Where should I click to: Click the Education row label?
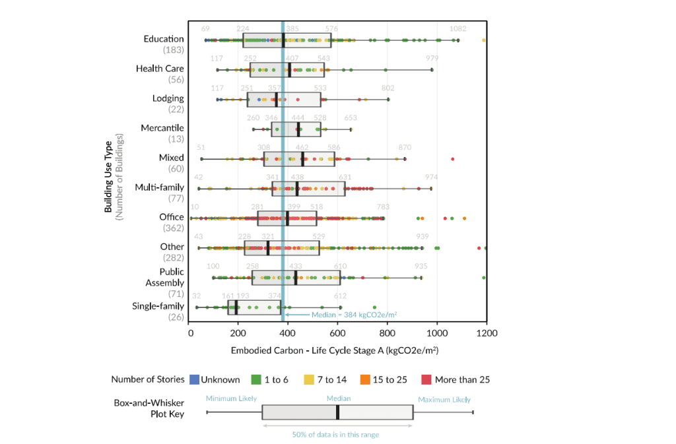click(164, 39)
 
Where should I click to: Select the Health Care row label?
click(160, 69)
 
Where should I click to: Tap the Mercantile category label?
click(162, 128)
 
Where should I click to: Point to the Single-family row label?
click(158, 306)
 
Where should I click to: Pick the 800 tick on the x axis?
click(388, 333)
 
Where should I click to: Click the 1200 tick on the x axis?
click(487, 333)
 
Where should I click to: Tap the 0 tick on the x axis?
click(190, 333)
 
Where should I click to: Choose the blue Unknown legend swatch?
click(194, 379)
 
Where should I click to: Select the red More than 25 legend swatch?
click(427, 379)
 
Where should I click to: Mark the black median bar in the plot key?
click(337, 412)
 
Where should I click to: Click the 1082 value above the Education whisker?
click(457, 29)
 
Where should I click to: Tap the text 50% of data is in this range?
click(337, 434)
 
